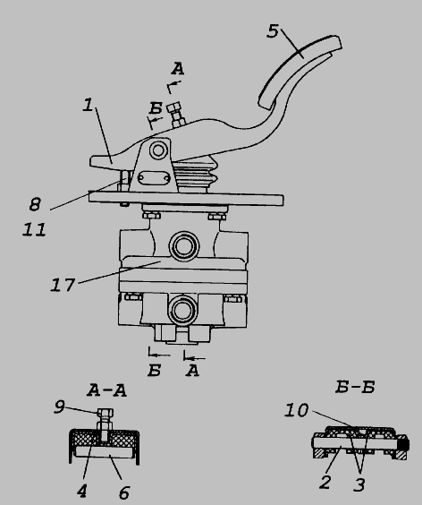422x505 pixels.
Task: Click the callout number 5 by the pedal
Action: pyautogui.click(x=273, y=31)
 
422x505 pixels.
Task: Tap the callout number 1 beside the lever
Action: pyautogui.click(x=88, y=105)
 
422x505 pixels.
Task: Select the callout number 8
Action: pyautogui.click(x=35, y=204)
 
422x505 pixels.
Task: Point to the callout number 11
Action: pyautogui.click(x=34, y=229)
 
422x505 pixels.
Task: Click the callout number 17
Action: pyautogui.click(x=63, y=285)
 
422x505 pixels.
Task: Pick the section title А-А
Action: pyautogui.click(x=106, y=390)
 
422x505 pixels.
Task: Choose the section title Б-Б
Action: pyautogui.click(x=355, y=387)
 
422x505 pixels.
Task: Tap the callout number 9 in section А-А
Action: pyautogui.click(x=60, y=407)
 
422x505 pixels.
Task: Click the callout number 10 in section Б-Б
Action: pyautogui.click(x=297, y=410)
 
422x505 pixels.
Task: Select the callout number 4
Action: pyautogui.click(x=82, y=492)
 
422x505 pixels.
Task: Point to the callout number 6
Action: pyautogui.click(x=124, y=492)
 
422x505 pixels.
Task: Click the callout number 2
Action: pyautogui.click(x=325, y=482)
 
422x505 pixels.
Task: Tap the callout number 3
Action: pyautogui.click(x=359, y=484)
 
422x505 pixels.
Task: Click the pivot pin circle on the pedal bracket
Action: pyautogui.click(x=158, y=150)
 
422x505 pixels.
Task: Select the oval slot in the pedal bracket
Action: pyautogui.click(x=154, y=178)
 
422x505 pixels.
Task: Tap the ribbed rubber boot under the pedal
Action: pyautogui.click(x=195, y=175)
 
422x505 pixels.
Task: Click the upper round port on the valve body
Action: pyautogui.click(x=183, y=246)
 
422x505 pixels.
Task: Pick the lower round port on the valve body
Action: pyautogui.click(x=182, y=310)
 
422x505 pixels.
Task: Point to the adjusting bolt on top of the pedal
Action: pyautogui.click(x=176, y=115)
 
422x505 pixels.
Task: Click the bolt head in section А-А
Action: pyautogui.click(x=105, y=412)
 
